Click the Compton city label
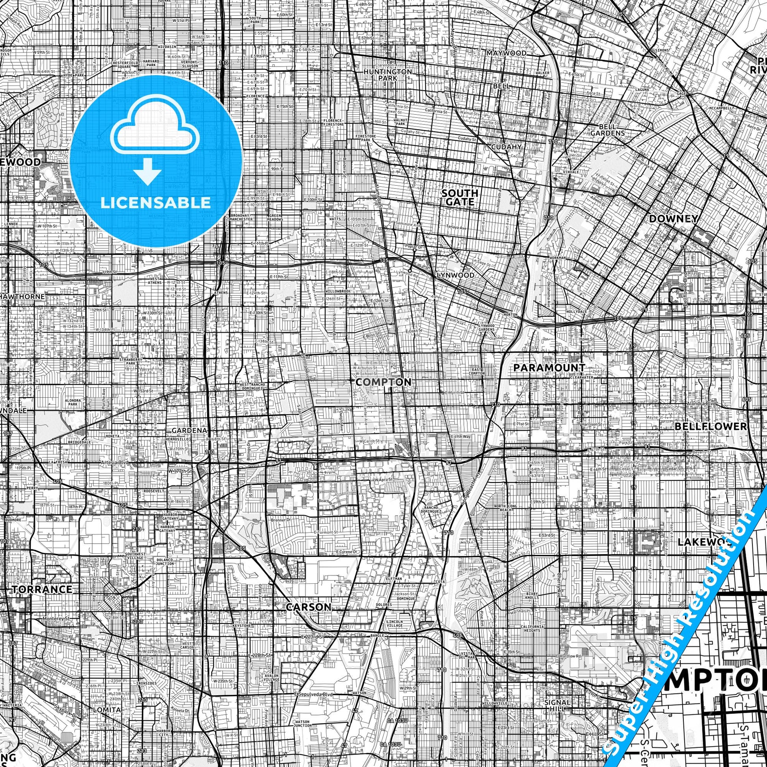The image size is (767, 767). pyautogui.click(x=383, y=382)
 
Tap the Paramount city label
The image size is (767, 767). pyautogui.click(x=549, y=368)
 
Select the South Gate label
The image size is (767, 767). pyautogui.click(x=460, y=197)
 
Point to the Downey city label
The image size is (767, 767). pyautogui.click(x=673, y=219)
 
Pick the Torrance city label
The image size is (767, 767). pyautogui.click(x=42, y=589)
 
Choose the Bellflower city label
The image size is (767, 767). pyautogui.click(x=711, y=426)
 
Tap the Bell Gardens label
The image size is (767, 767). pyautogui.click(x=607, y=130)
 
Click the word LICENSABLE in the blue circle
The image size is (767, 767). pyautogui.click(x=156, y=203)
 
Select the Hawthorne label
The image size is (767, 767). pyautogui.click(x=22, y=296)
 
